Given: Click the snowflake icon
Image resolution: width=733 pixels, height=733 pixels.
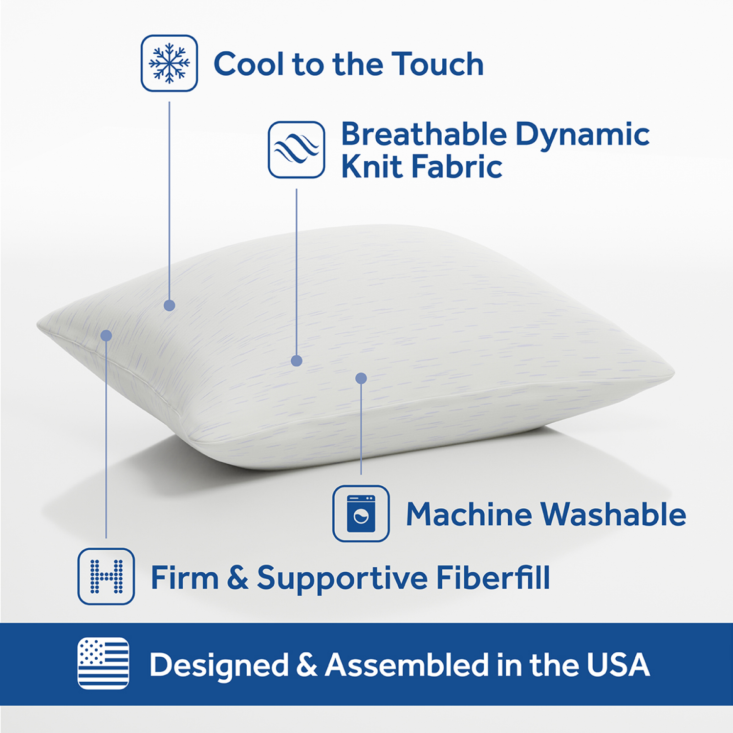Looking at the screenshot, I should click(169, 63).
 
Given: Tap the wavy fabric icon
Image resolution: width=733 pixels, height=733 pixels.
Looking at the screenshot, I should click(296, 150).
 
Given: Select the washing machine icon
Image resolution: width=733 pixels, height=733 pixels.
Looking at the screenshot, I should click(361, 514).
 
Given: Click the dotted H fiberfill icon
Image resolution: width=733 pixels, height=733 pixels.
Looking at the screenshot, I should click(106, 577).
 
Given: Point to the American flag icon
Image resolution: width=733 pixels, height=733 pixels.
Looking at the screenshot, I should click(104, 663).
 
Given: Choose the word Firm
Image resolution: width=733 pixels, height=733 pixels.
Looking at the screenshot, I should click(184, 578).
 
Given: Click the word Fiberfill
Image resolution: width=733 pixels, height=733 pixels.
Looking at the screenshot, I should click(493, 578).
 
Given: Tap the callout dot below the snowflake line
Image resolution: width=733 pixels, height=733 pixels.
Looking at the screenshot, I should click(170, 305).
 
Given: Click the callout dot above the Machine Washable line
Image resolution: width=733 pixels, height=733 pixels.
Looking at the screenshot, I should click(361, 378).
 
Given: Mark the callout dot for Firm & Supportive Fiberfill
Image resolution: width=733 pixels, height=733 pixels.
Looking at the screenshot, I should click(106, 336).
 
